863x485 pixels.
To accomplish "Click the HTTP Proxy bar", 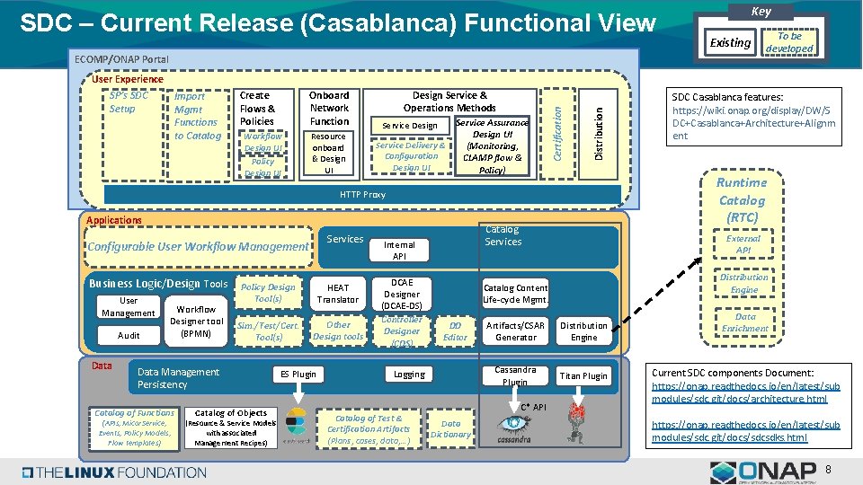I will point(362,194).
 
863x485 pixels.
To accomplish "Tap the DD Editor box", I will point(456,331).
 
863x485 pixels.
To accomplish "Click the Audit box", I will point(129,335).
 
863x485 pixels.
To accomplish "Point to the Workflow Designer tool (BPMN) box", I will point(196,322).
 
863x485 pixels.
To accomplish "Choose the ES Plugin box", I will point(298,374).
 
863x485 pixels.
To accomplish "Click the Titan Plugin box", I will point(583,375).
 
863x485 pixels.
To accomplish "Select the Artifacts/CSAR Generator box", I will point(516,331).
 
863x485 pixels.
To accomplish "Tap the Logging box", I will point(409,374).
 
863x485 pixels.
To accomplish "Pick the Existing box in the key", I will point(730,42).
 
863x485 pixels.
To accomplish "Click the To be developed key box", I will point(788,42).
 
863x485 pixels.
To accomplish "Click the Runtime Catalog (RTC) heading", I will point(742,199).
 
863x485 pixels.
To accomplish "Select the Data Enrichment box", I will point(744,322).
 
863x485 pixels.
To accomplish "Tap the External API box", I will point(743,244).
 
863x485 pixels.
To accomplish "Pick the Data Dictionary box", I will point(450,429).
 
